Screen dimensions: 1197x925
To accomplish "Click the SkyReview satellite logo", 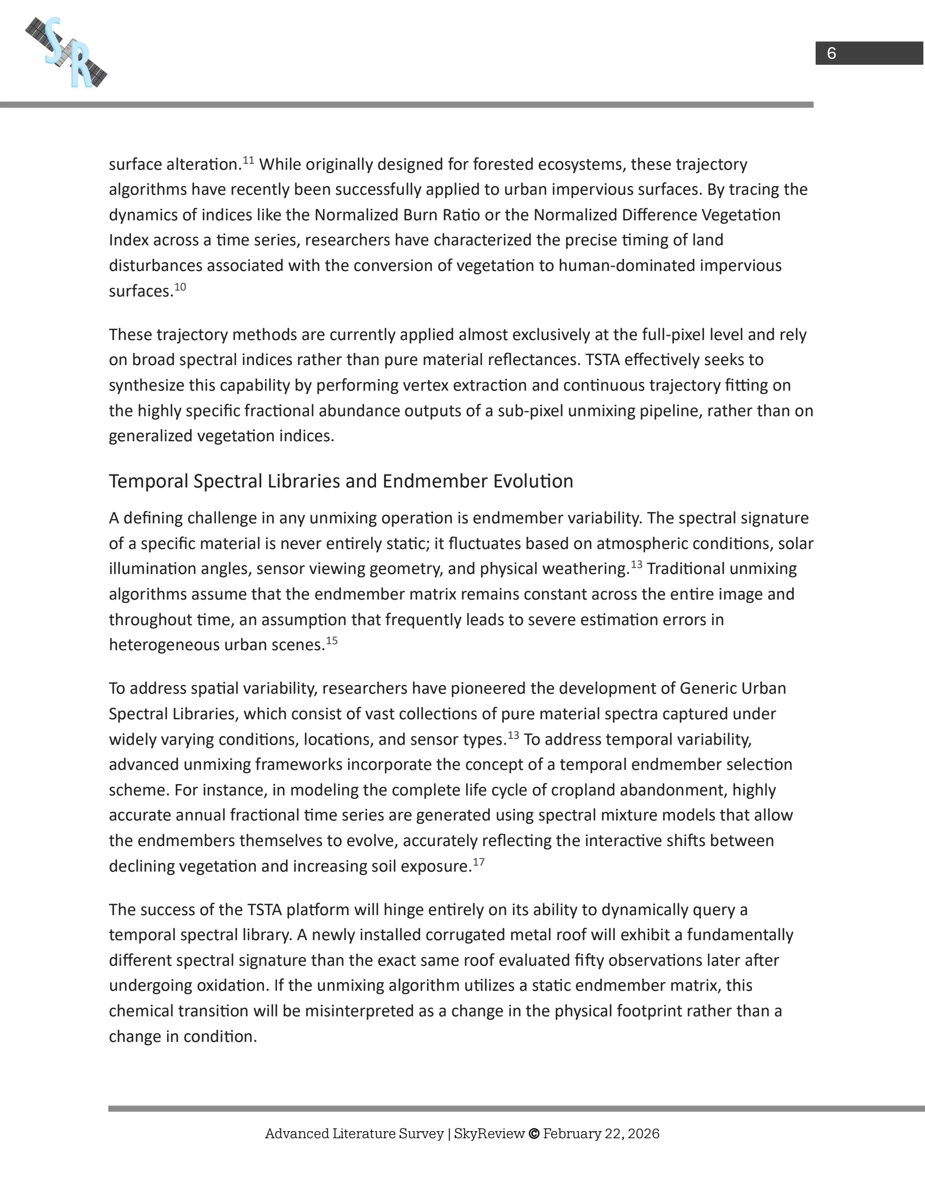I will click(66, 52).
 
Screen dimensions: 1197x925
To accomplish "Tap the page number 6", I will click(831, 53).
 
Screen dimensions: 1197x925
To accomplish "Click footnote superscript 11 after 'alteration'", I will click(248, 160).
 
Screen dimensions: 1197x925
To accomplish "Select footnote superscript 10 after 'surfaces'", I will click(180, 287).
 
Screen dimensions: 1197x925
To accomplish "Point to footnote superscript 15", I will click(331, 641).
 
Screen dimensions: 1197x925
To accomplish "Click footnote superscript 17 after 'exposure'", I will click(478, 862).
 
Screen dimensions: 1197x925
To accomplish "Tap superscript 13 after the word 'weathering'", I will click(636, 565).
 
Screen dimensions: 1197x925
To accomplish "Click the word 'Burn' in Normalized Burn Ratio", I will click(419, 215).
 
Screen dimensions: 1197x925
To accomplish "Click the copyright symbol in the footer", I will click(534, 1134).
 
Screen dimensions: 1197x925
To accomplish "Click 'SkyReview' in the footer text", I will click(489, 1134).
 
